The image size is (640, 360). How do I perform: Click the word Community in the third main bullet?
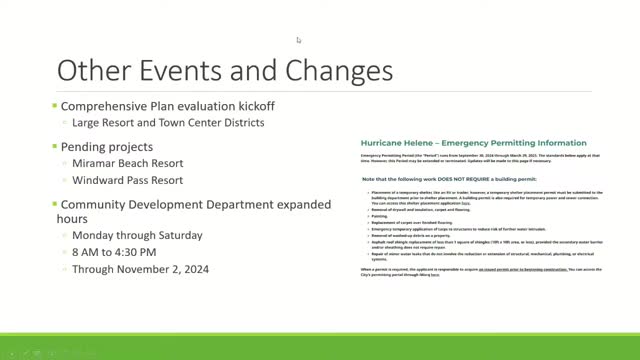(x=102, y=204)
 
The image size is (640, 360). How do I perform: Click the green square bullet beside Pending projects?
(x=54, y=146)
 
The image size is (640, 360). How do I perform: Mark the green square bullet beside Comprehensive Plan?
(x=54, y=106)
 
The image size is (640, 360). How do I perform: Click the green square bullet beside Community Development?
(x=54, y=205)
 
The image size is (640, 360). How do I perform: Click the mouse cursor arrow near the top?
(x=298, y=40)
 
